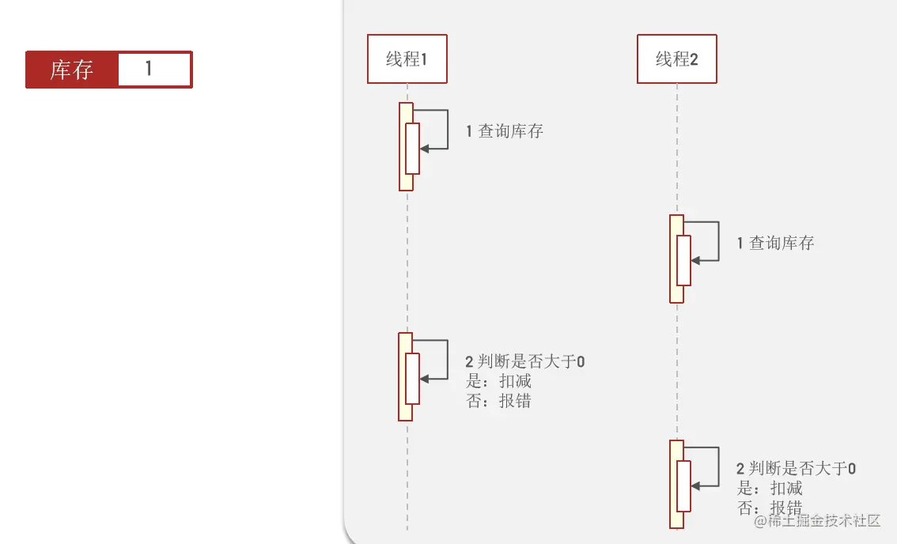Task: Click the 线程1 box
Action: click(407, 59)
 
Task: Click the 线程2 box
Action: click(676, 59)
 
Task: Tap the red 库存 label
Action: click(72, 70)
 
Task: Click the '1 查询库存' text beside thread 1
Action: click(505, 131)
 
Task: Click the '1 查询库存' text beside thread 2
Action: click(775, 244)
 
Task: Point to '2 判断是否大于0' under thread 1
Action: click(524, 362)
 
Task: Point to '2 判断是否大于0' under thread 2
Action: click(795, 469)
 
